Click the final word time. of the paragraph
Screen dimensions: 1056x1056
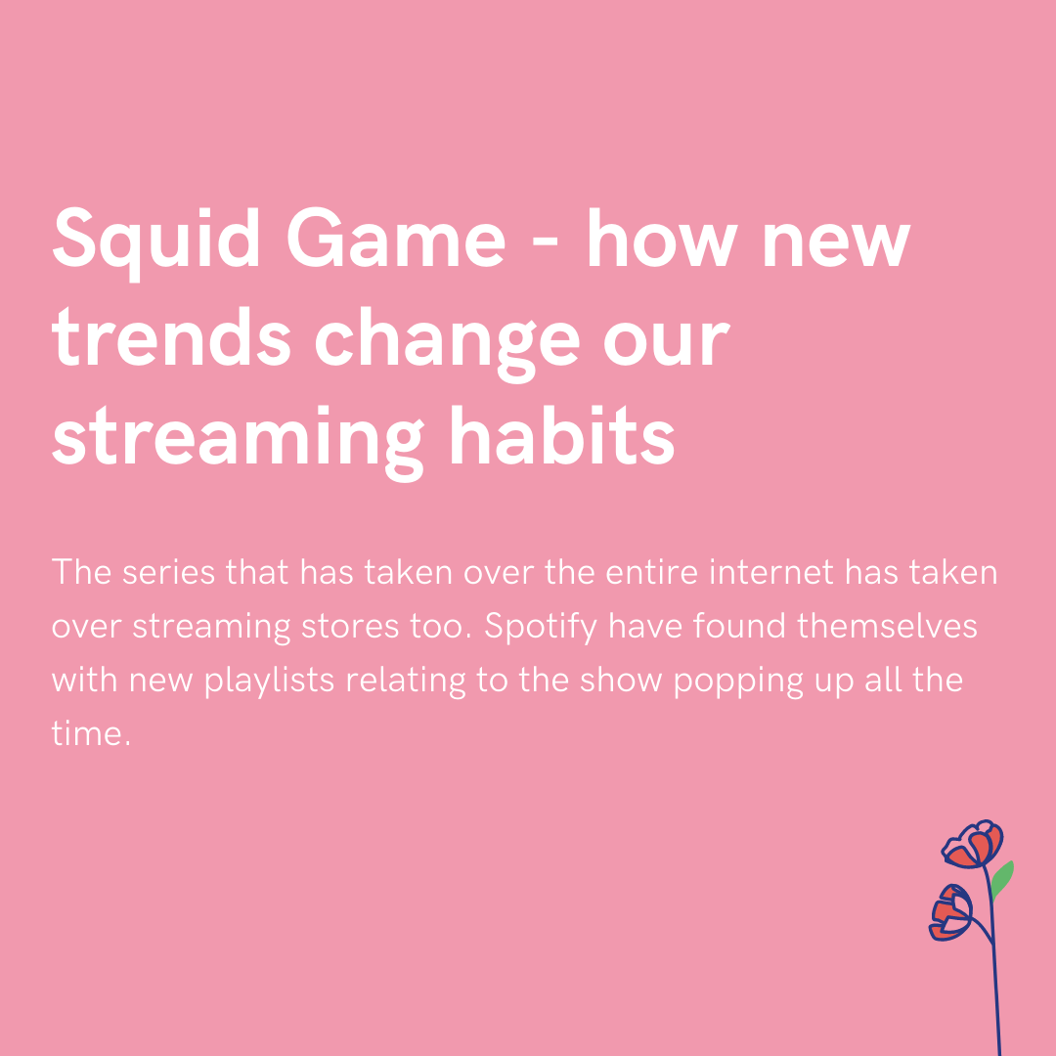pyautogui.click(x=91, y=734)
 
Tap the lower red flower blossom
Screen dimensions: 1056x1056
pyautogui.click(x=951, y=912)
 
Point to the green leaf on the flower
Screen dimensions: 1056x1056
pyautogui.click(x=1002, y=878)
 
